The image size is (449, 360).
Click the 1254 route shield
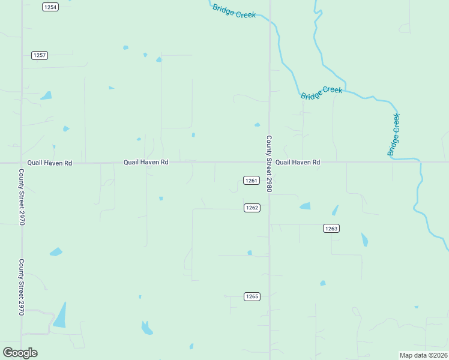(x=50, y=7)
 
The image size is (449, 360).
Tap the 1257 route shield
(x=40, y=55)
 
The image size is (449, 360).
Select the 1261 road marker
(x=252, y=181)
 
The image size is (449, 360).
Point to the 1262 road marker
(x=252, y=208)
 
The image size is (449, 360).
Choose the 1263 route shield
(x=331, y=228)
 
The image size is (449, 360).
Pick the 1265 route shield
(x=252, y=296)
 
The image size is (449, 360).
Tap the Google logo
(x=20, y=353)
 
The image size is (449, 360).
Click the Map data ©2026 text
(x=423, y=355)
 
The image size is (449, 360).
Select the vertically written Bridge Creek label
(x=394, y=135)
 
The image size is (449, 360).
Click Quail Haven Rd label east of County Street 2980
(x=298, y=163)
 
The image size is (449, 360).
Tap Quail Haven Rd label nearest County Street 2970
(x=50, y=163)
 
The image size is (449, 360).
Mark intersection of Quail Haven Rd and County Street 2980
(x=270, y=162)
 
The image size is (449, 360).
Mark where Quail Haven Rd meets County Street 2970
(x=22, y=163)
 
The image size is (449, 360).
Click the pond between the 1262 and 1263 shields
(x=306, y=206)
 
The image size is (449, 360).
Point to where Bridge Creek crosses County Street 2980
(x=270, y=20)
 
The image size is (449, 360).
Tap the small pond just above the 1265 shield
(x=250, y=253)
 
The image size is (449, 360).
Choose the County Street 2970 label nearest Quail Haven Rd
(x=22, y=197)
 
